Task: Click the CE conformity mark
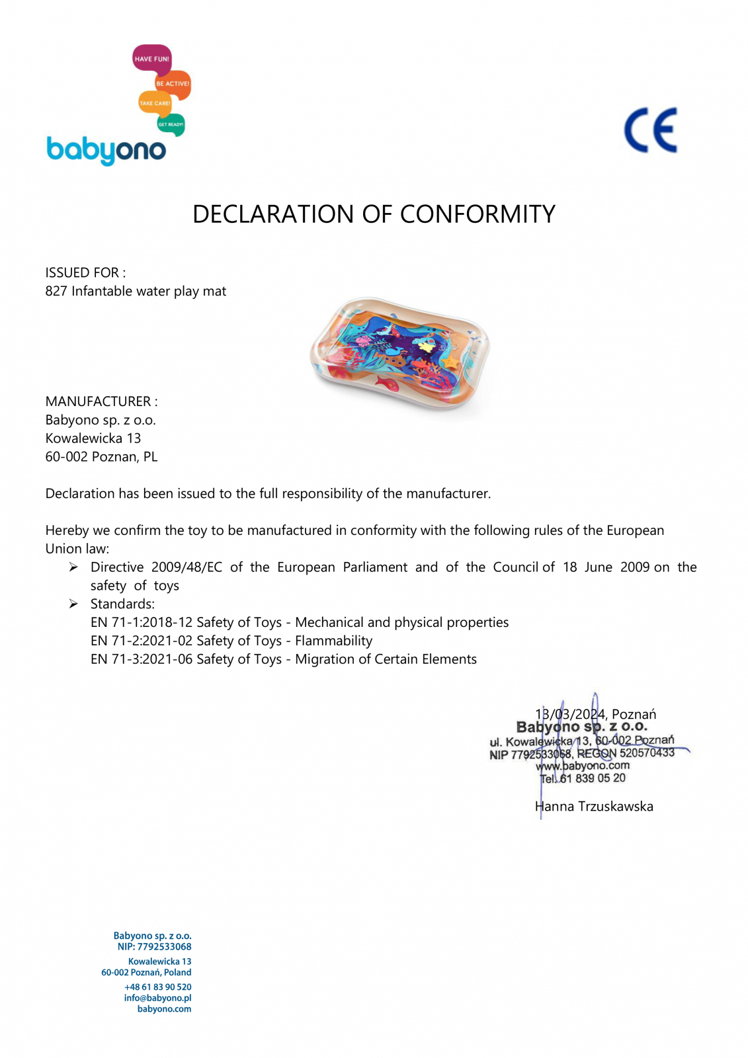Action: click(x=651, y=130)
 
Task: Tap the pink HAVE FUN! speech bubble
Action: click(x=151, y=59)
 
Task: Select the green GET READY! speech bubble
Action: click(x=171, y=124)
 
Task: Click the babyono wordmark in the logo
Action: click(x=106, y=150)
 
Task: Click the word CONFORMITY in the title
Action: click(x=478, y=214)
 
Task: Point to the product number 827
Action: click(x=56, y=291)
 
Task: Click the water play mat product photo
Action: click(x=400, y=354)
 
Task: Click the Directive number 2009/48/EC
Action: click(x=187, y=567)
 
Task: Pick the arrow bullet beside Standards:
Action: click(x=73, y=604)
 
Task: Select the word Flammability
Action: click(x=333, y=641)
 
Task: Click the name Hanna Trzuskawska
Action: click(x=594, y=806)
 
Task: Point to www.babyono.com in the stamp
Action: click(x=583, y=766)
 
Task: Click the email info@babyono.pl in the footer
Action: click(x=157, y=998)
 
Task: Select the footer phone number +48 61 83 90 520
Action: click(x=157, y=987)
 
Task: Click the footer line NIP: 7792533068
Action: click(x=154, y=947)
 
